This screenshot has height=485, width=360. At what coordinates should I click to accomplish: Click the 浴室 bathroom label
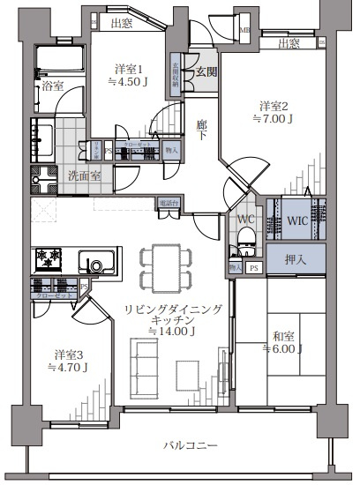coord(52,86)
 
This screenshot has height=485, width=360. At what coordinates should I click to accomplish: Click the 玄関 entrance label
coord(206,71)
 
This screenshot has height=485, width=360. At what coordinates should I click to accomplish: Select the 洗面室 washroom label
coord(84,175)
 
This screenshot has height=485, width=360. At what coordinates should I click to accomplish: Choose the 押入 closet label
coord(296,260)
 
